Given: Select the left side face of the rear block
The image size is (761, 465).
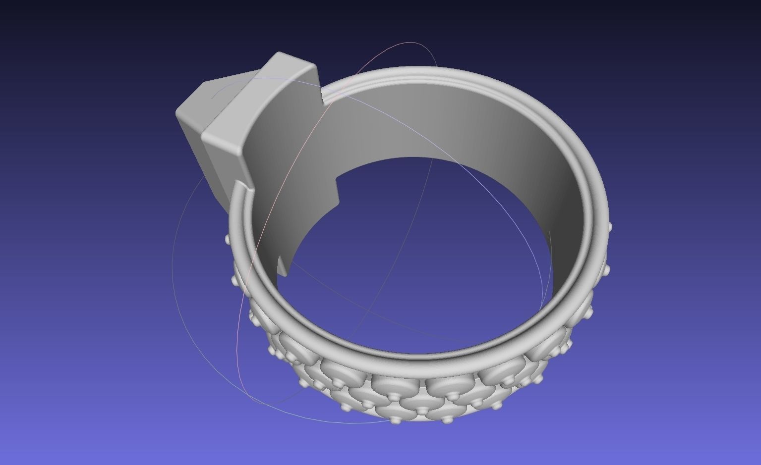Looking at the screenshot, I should click(x=191, y=141).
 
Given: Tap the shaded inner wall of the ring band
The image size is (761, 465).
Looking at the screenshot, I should click(x=446, y=124).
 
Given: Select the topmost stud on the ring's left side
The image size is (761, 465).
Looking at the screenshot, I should click(x=228, y=239).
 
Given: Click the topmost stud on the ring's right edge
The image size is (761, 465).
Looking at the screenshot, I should click(x=609, y=227).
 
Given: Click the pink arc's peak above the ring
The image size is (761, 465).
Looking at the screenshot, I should click(x=409, y=43).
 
